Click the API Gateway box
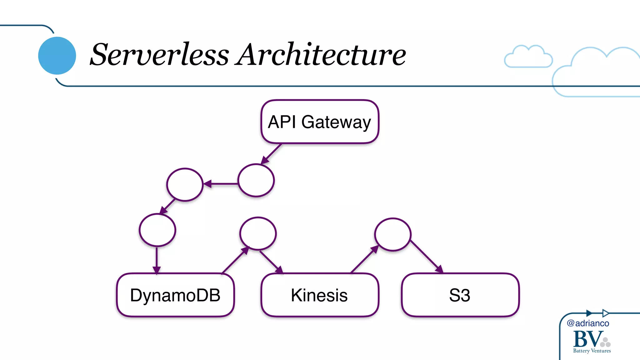pyautogui.click(x=320, y=122)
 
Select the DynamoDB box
pyautogui.click(x=175, y=295)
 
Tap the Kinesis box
pyautogui.click(x=320, y=295)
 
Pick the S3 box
pyautogui.click(x=460, y=295)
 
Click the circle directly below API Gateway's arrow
pyautogui.click(x=256, y=180)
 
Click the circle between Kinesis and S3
pyautogui.click(x=392, y=234)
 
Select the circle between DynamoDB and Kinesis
pyautogui.click(x=258, y=233)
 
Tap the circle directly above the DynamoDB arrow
pyautogui.click(x=157, y=230)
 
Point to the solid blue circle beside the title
pyautogui.click(x=57, y=56)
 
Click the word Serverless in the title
pyautogui.click(x=159, y=55)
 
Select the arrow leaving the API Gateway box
pyautogui.click(x=272, y=154)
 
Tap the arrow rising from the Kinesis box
pyautogui.click(x=364, y=259)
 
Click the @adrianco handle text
pyautogui.click(x=588, y=323)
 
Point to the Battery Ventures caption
pyautogui.click(x=592, y=351)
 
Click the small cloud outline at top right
pyautogui.click(x=528, y=57)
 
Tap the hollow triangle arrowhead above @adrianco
pyautogui.click(x=605, y=313)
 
